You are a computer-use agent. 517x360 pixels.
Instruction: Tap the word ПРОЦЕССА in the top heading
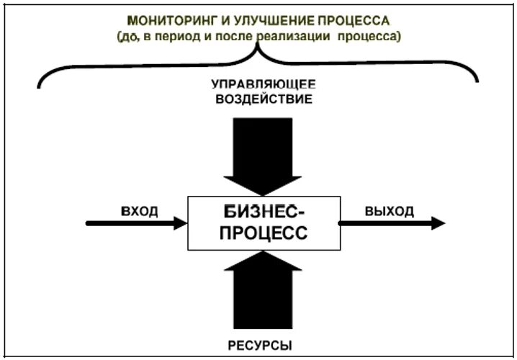353,19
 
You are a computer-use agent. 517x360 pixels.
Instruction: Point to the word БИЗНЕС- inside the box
265,213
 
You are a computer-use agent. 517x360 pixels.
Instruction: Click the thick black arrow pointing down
263,155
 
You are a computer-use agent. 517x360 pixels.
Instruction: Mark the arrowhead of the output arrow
438,223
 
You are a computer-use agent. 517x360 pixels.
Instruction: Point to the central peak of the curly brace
258,50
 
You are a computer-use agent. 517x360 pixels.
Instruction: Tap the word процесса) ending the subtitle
372,35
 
